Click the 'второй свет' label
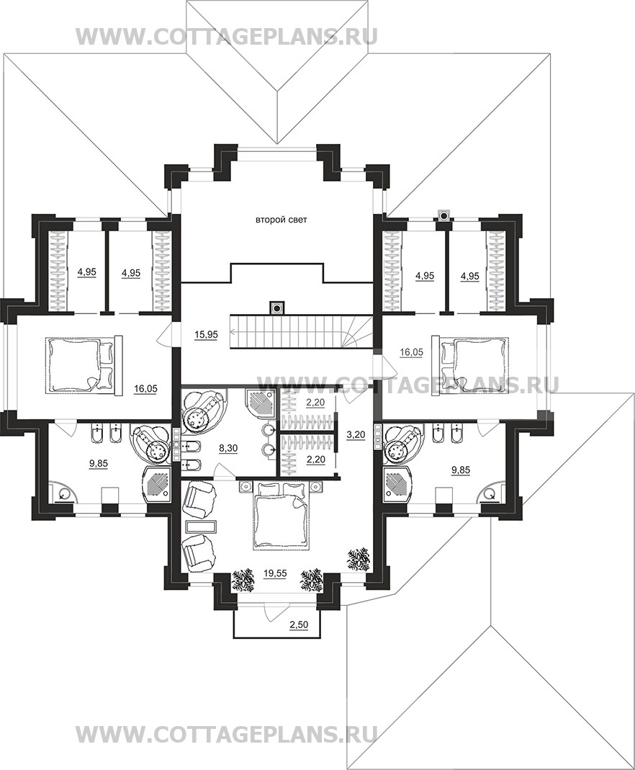[282, 220]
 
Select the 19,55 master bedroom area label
[275, 573]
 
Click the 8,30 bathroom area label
[228, 448]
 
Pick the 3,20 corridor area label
[355, 434]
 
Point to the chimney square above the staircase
[277, 308]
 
